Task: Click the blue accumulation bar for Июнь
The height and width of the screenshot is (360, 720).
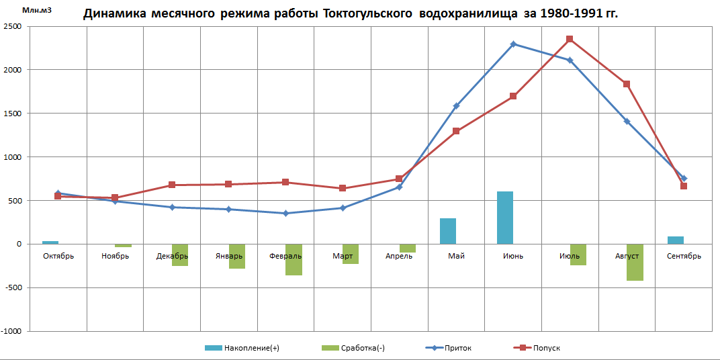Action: (504, 218)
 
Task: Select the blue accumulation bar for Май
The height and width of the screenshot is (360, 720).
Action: (448, 231)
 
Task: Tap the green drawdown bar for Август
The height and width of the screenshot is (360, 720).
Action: (635, 263)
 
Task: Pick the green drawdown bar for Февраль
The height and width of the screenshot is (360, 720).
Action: (294, 259)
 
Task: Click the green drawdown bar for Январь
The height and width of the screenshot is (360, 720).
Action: (236, 256)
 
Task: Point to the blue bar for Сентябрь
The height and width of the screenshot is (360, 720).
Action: (675, 240)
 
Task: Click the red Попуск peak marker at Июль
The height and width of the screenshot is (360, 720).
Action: (570, 40)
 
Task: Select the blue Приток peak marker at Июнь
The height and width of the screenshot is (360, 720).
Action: (513, 44)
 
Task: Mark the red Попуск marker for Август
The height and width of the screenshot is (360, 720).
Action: (627, 84)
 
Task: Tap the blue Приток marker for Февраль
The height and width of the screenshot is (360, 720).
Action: (285, 214)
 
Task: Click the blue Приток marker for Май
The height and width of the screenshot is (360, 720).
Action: (456, 106)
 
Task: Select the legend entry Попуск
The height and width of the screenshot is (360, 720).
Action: (546, 348)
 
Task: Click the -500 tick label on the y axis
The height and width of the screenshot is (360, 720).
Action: (12, 288)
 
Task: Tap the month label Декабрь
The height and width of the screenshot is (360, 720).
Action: (171, 256)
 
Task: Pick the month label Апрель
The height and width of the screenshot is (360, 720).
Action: (399, 256)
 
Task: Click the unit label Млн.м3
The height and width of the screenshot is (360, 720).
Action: (36, 10)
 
